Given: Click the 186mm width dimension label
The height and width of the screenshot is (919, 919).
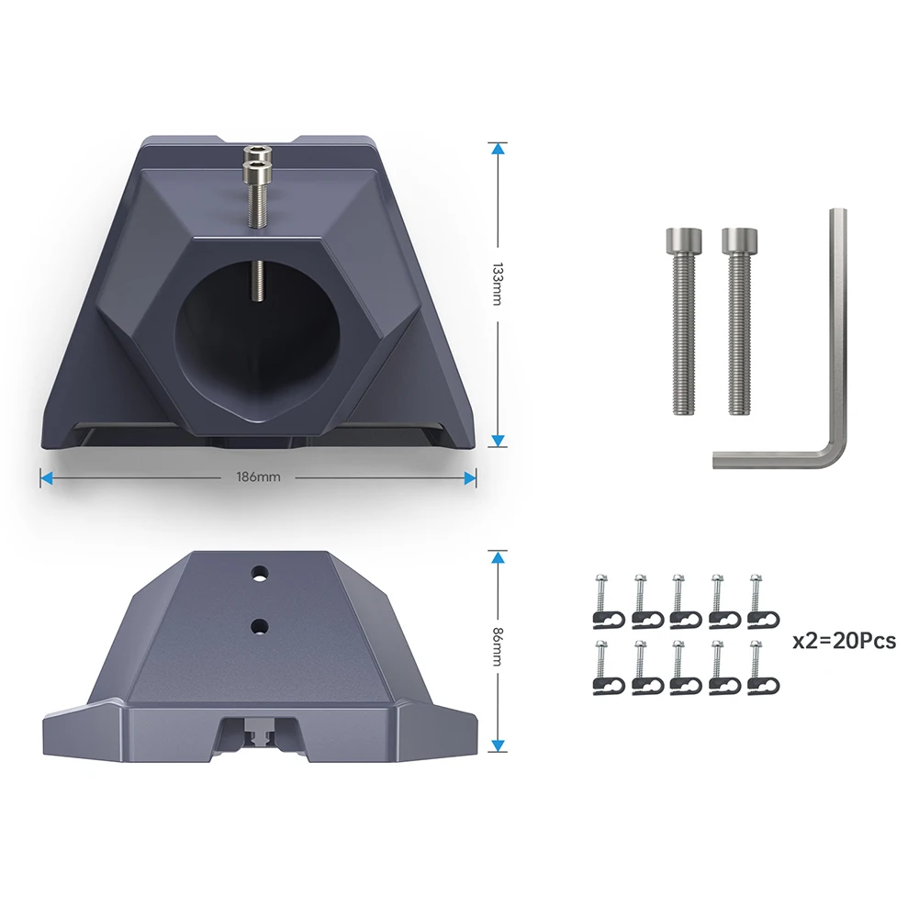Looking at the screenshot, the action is click(259, 477).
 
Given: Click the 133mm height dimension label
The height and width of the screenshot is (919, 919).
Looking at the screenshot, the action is click(498, 285).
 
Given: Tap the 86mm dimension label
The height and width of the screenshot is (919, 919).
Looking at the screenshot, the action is click(498, 646).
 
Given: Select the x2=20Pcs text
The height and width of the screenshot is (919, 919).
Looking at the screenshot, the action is click(844, 641).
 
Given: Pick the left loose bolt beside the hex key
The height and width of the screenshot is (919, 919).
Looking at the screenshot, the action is click(683, 321).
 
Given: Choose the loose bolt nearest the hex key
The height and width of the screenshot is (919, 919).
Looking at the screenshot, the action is click(740, 321).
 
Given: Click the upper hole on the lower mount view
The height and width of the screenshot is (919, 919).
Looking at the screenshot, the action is click(259, 573).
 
